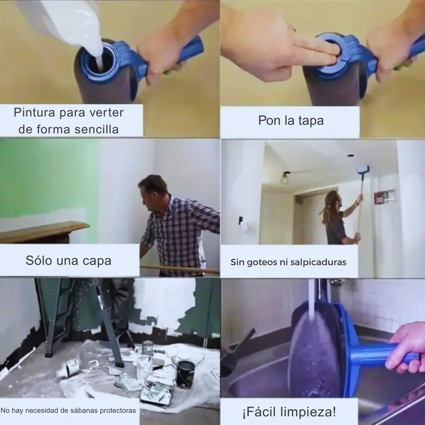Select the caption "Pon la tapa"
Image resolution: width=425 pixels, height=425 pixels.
pyautogui.click(x=291, y=120)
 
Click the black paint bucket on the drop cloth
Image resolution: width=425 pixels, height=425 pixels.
pyautogui.click(x=185, y=374)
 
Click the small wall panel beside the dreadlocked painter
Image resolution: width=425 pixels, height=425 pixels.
pyautogui.click(x=381, y=197)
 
